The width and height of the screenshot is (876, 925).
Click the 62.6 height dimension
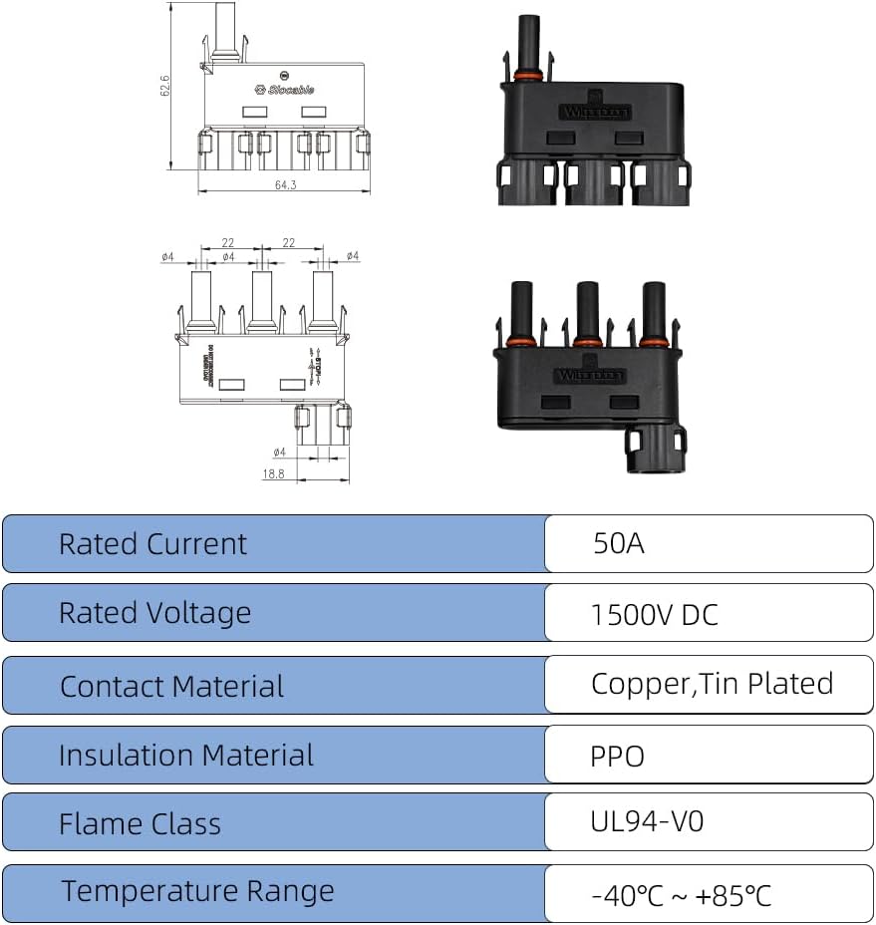coord(165,87)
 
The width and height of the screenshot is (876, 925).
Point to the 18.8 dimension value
coord(273,474)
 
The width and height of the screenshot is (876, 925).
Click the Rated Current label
coord(152,544)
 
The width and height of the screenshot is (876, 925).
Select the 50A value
coord(618,544)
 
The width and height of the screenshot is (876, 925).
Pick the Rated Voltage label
coord(154,613)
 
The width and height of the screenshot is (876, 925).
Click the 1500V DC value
coord(654,614)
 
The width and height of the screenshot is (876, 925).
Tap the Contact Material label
coord(171,687)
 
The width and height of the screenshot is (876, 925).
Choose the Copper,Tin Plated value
coord(712,684)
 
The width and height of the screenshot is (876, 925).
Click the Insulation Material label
coord(185,756)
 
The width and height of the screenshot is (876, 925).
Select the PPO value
coord(617,757)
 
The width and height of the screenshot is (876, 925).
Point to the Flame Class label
coord(140,824)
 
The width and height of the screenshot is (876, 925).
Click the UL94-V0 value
coord(647,822)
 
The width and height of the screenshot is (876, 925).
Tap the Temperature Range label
coord(197,891)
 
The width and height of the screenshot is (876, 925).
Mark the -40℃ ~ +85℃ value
coord(681,895)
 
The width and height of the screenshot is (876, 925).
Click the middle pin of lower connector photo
coord(587,311)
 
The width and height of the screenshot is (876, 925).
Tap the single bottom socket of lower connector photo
coord(656,451)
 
